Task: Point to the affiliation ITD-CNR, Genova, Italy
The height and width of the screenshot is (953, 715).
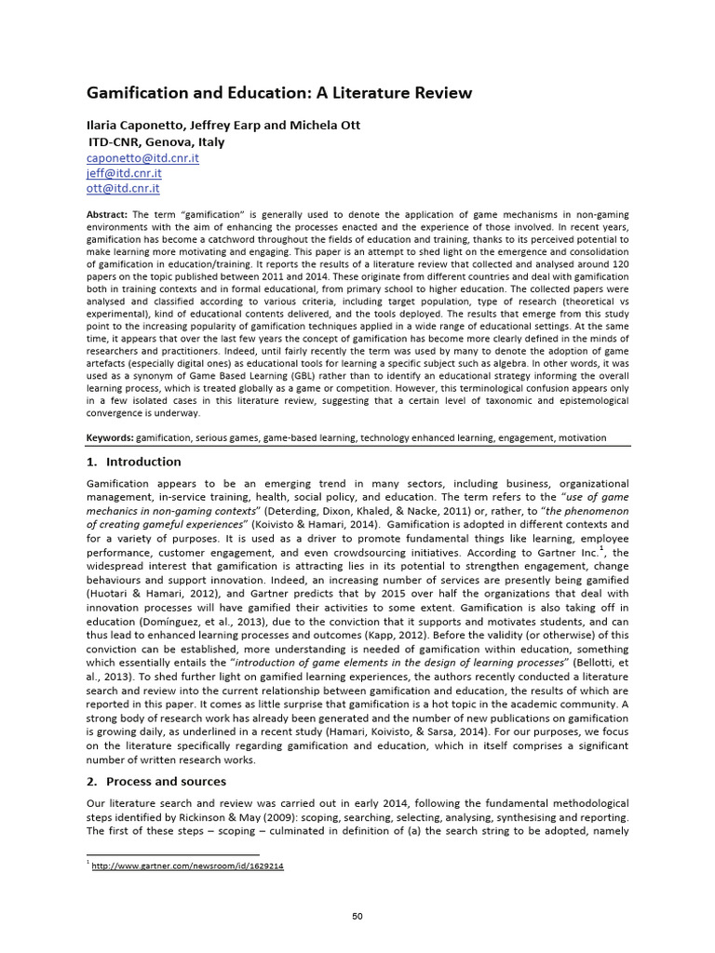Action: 155,141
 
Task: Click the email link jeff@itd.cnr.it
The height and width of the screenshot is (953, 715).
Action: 124,173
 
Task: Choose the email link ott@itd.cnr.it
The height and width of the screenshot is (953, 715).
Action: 123,188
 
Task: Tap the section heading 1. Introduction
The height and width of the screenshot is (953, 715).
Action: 134,462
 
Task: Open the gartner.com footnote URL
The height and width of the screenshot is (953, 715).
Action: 187,866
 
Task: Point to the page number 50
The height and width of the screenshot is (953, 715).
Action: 357,916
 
